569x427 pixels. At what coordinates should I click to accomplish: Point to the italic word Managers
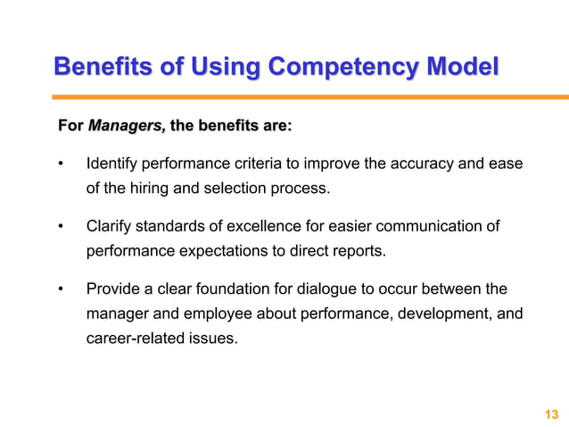click(x=126, y=128)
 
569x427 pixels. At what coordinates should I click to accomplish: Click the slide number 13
click(x=550, y=414)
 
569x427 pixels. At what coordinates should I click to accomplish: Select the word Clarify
click(x=110, y=227)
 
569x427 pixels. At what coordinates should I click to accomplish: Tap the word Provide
click(x=112, y=289)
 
